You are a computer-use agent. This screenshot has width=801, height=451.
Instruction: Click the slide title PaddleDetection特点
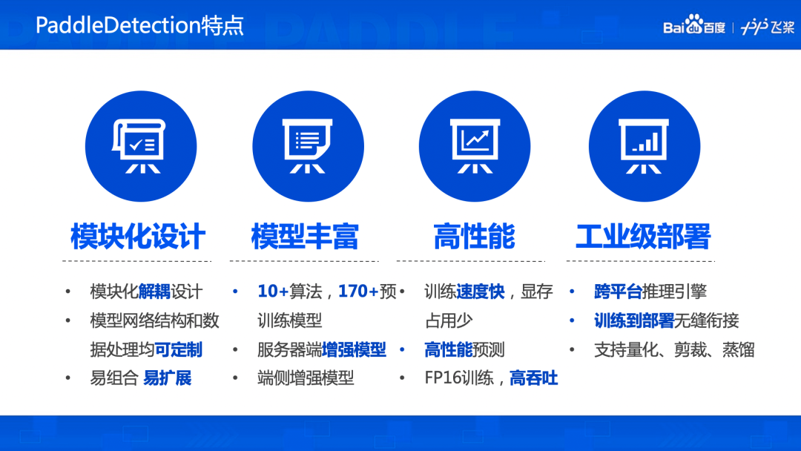(139, 25)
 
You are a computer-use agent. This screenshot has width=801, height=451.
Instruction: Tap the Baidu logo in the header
(693, 24)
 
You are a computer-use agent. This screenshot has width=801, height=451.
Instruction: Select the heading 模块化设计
(138, 237)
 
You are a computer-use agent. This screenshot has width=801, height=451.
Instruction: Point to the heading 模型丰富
(305, 237)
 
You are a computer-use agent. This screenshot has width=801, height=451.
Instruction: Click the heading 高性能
(474, 237)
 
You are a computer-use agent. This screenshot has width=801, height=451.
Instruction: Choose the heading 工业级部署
(643, 237)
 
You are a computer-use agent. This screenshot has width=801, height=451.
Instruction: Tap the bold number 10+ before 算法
(273, 291)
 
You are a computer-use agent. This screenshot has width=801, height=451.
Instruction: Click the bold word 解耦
(154, 292)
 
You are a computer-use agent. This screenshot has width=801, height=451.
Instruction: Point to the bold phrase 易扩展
(167, 378)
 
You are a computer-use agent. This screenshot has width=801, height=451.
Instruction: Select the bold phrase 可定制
(178, 350)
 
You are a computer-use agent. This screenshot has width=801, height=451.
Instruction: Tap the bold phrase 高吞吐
(534, 378)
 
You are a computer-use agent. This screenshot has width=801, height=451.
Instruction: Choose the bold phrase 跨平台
(618, 292)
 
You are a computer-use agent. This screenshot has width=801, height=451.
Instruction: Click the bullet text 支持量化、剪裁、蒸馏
(674, 350)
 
